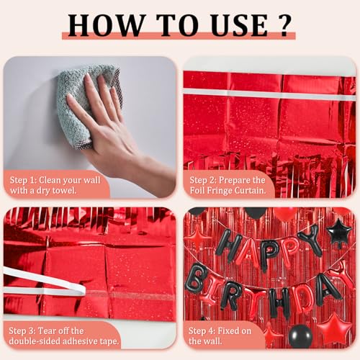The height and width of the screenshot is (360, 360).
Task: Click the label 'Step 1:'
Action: (x=23, y=180)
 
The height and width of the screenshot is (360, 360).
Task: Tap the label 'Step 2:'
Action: (x=203, y=180)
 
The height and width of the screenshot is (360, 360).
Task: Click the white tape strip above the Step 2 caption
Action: (x=269, y=94)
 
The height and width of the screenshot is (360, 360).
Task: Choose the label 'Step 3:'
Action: (x=22, y=331)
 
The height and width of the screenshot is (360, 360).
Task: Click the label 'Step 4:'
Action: (x=202, y=331)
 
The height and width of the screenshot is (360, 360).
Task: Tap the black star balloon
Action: (x=340, y=232)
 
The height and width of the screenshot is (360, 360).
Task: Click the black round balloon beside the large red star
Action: (x=301, y=336)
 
